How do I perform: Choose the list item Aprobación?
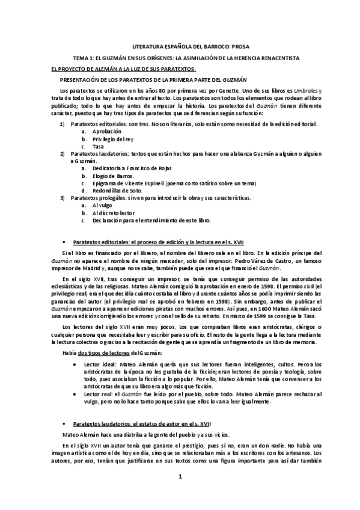[106, 131]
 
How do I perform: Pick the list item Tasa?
[98, 146]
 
